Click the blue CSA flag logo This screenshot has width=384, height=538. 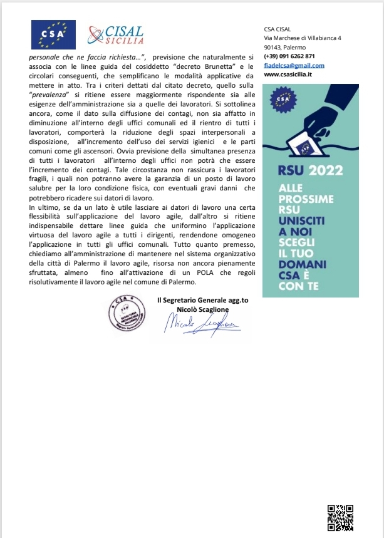pos(53,34)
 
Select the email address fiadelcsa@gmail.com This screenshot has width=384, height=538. pos(294,65)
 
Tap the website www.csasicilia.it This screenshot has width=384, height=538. pos(288,75)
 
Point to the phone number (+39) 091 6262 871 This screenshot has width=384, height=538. pos(289,56)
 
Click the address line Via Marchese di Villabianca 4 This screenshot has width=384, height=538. pos(303,38)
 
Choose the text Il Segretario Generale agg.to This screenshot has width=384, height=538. pos(202,300)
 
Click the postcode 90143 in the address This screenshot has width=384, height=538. pos(273,47)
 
